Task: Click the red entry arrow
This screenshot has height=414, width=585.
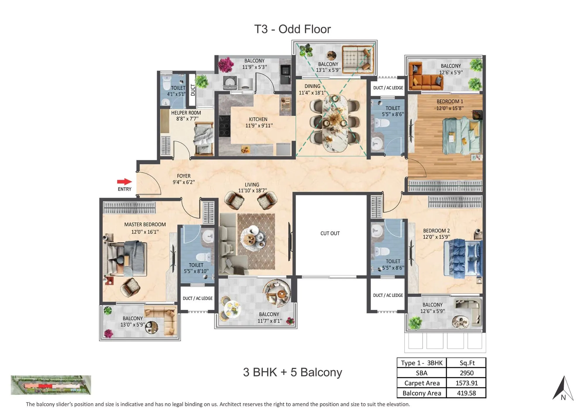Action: click(x=124, y=182)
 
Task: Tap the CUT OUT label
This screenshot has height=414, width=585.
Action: click(x=330, y=233)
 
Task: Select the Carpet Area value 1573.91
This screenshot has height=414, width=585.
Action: click(x=466, y=383)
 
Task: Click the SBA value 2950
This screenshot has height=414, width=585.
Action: click(x=466, y=373)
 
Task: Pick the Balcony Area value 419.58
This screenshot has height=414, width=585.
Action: click(x=466, y=393)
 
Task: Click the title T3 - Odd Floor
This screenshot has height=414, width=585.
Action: click(x=292, y=29)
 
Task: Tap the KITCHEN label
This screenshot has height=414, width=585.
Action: click(x=258, y=119)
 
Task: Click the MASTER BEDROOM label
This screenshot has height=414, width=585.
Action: click(x=145, y=225)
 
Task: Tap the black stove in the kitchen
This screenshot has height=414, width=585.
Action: click(x=224, y=126)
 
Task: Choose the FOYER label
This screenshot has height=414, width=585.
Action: click(x=183, y=176)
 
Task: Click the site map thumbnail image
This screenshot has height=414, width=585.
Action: click(x=51, y=385)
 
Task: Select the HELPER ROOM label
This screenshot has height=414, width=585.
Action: click(x=186, y=113)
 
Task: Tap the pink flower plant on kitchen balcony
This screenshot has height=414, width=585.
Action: click(x=225, y=64)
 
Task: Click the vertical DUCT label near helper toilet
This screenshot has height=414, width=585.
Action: click(x=192, y=90)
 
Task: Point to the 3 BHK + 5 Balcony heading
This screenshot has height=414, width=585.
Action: click(x=292, y=372)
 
